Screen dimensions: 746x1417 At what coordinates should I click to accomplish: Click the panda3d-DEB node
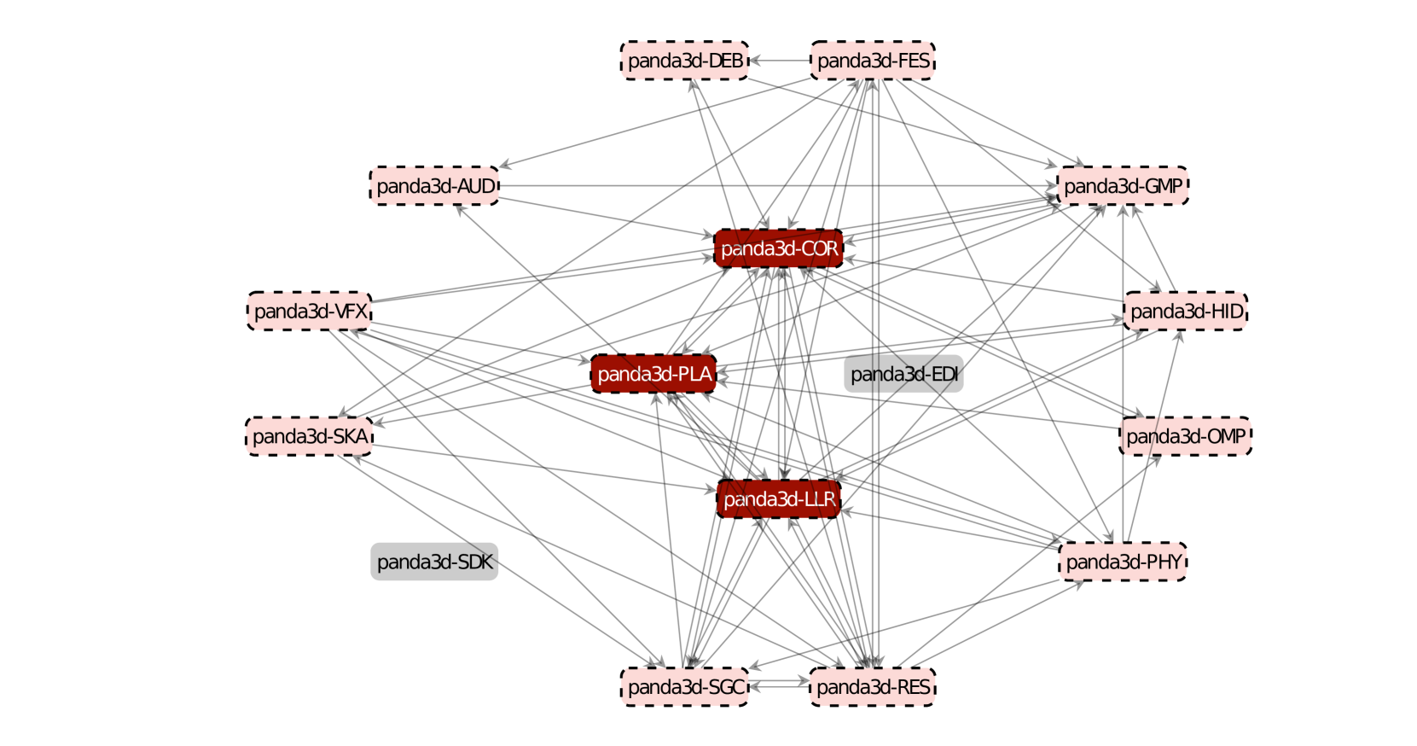[684, 61]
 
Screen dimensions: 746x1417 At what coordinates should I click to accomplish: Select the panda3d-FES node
[872, 61]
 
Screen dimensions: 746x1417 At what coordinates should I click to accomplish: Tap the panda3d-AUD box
[434, 186]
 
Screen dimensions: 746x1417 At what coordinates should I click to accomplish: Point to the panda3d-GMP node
[1122, 186]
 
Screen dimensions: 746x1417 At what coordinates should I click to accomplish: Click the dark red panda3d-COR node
[779, 248]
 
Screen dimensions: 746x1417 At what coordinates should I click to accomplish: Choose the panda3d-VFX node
[310, 312]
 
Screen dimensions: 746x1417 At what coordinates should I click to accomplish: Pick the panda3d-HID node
[1185, 312]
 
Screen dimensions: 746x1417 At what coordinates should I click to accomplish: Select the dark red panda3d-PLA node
[653, 374]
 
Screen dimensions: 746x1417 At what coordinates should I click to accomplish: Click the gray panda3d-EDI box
[903, 374]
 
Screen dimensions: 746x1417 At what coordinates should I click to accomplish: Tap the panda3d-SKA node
[309, 436]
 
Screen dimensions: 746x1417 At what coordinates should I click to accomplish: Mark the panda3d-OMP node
[1185, 436]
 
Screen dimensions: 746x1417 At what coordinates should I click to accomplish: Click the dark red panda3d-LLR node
[779, 499]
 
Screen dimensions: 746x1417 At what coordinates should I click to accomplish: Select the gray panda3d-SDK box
[434, 562]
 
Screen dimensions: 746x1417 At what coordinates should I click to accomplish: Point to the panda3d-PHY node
[1123, 562]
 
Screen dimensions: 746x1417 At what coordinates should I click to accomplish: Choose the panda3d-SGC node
[685, 687]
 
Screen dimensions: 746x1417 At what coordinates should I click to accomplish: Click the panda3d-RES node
[872, 687]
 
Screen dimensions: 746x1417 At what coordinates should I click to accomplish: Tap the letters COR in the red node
[819, 248]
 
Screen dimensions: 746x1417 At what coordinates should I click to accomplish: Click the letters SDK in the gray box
[475, 562]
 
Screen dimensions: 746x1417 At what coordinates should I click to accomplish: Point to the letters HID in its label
[1227, 312]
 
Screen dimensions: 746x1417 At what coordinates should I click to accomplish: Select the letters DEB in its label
[725, 61]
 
